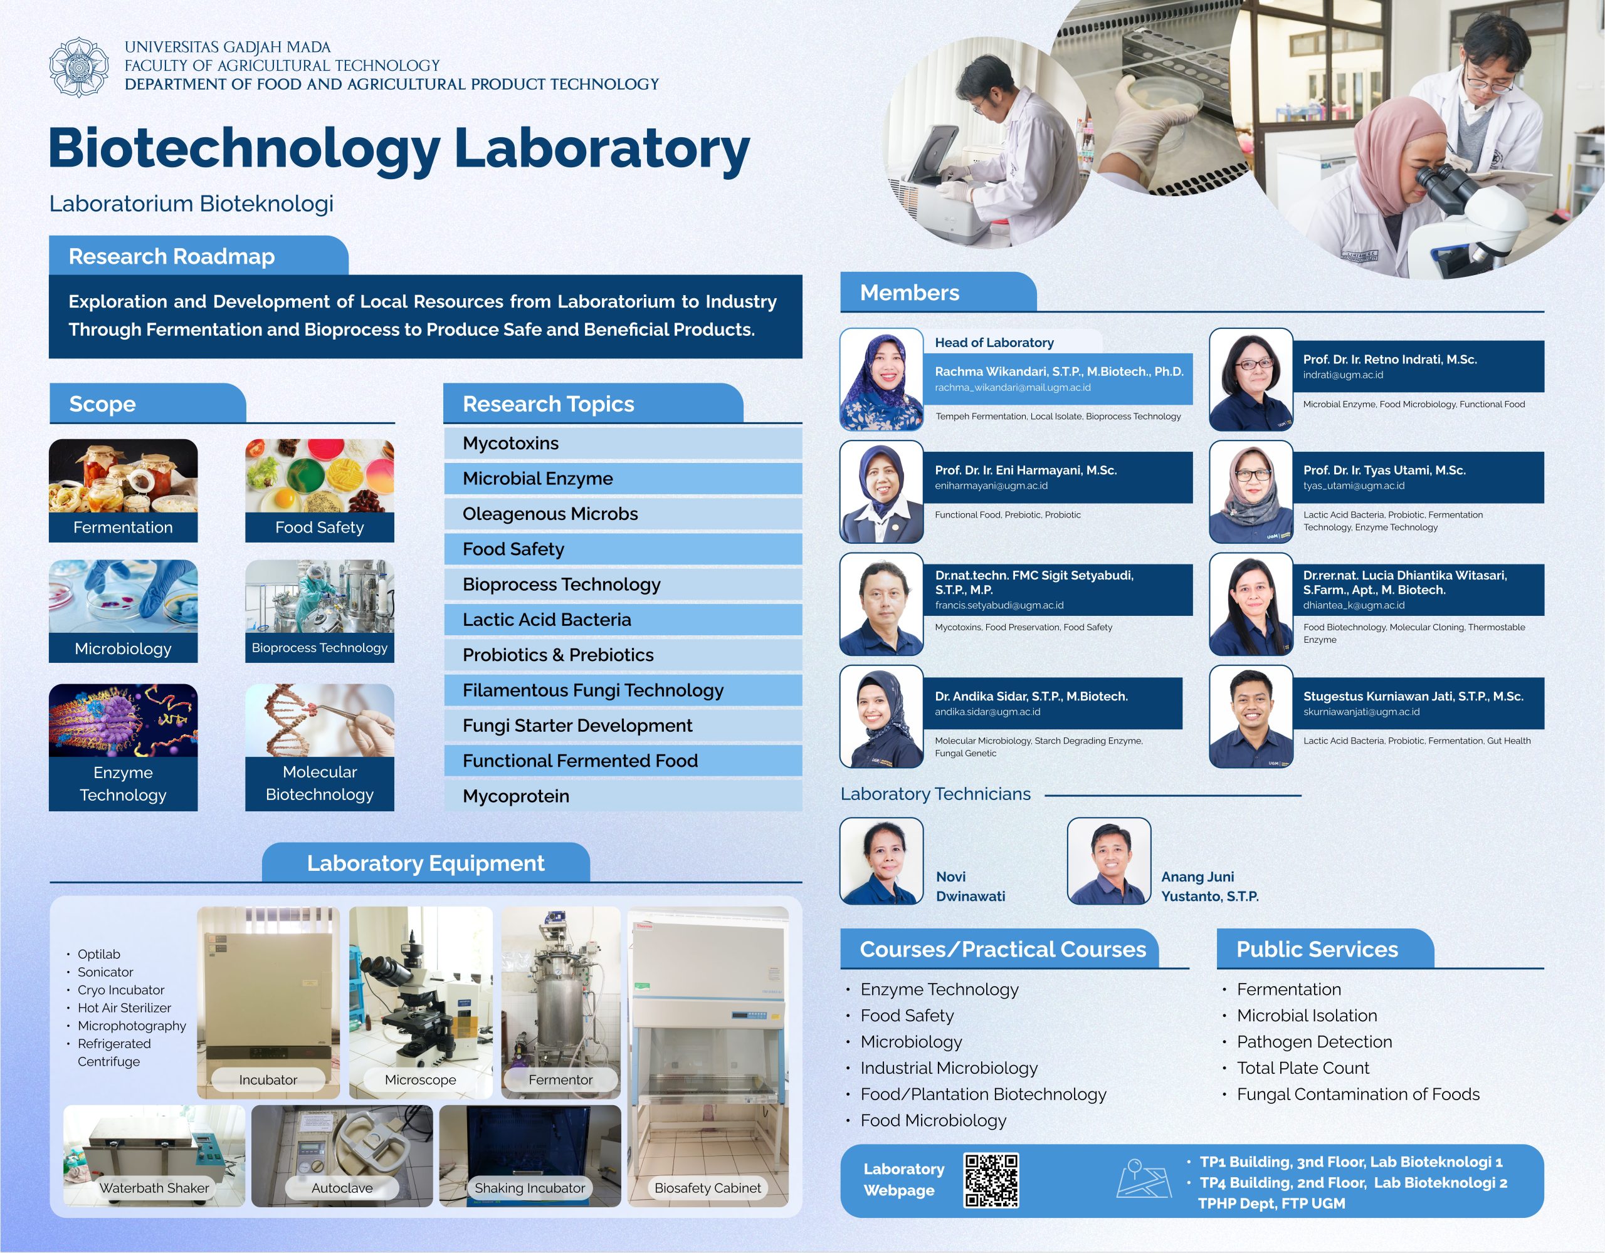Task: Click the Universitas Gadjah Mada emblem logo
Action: (78, 67)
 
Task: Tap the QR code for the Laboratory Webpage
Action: (991, 1180)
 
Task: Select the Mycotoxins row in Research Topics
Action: (623, 443)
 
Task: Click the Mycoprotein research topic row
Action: (623, 796)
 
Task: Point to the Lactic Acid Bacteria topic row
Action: (623, 619)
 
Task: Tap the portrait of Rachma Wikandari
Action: (881, 379)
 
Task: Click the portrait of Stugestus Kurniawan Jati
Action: (1250, 716)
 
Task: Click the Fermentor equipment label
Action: (560, 1079)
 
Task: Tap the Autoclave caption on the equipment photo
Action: (342, 1188)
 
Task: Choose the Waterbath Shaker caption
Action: (154, 1188)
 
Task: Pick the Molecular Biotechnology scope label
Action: (320, 783)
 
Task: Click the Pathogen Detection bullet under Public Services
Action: (1314, 1041)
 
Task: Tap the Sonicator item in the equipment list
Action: (105, 972)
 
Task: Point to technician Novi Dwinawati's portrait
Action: (881, 861)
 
